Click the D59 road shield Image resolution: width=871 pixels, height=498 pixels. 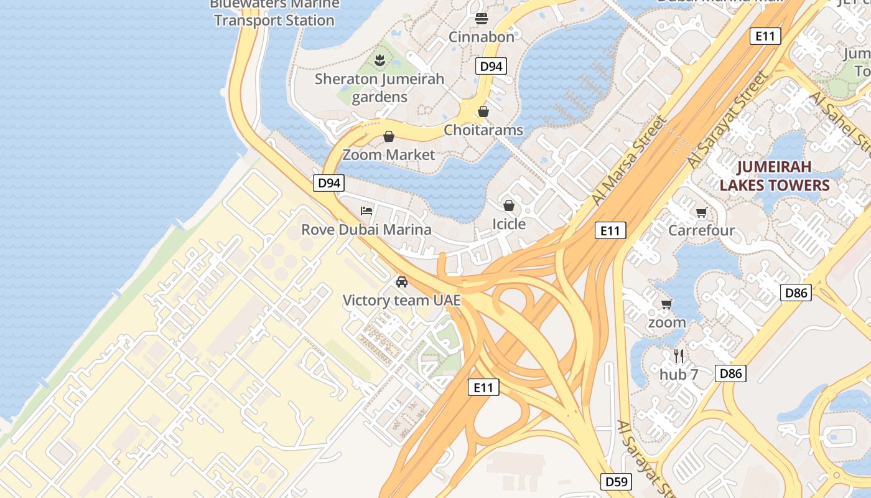click(617, 481)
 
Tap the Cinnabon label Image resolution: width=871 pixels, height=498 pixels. click(482, 37)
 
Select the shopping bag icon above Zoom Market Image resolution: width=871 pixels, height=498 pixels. click(389, 136)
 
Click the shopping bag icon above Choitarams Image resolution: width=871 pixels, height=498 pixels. click(483, 111)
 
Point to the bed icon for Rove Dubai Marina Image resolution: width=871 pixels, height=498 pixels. click(366, 211)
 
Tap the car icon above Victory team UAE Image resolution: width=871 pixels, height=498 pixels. click(402, 282)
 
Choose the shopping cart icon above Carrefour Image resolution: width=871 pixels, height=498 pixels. click(702, 213)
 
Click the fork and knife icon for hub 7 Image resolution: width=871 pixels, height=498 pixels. click(679, 356)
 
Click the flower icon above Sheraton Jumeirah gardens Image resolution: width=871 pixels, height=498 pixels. click(379, 60)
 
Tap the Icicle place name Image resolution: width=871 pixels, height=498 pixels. click(509, 224)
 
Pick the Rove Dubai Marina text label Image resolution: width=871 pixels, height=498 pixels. click(366, 230)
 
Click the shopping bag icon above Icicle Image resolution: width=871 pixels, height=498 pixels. click(509, 205)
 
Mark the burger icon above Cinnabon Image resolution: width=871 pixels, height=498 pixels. click(482, 18)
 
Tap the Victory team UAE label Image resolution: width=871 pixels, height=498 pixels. click(402, 301)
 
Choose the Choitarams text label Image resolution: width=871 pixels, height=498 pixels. click(483, 130)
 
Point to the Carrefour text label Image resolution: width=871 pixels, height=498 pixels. click(702, 231)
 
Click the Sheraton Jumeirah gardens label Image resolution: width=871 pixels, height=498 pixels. click(380, 88)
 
